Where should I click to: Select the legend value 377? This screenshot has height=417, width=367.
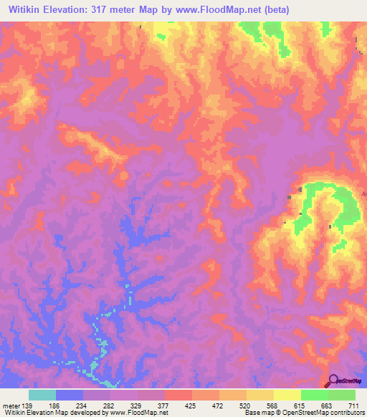199,406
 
